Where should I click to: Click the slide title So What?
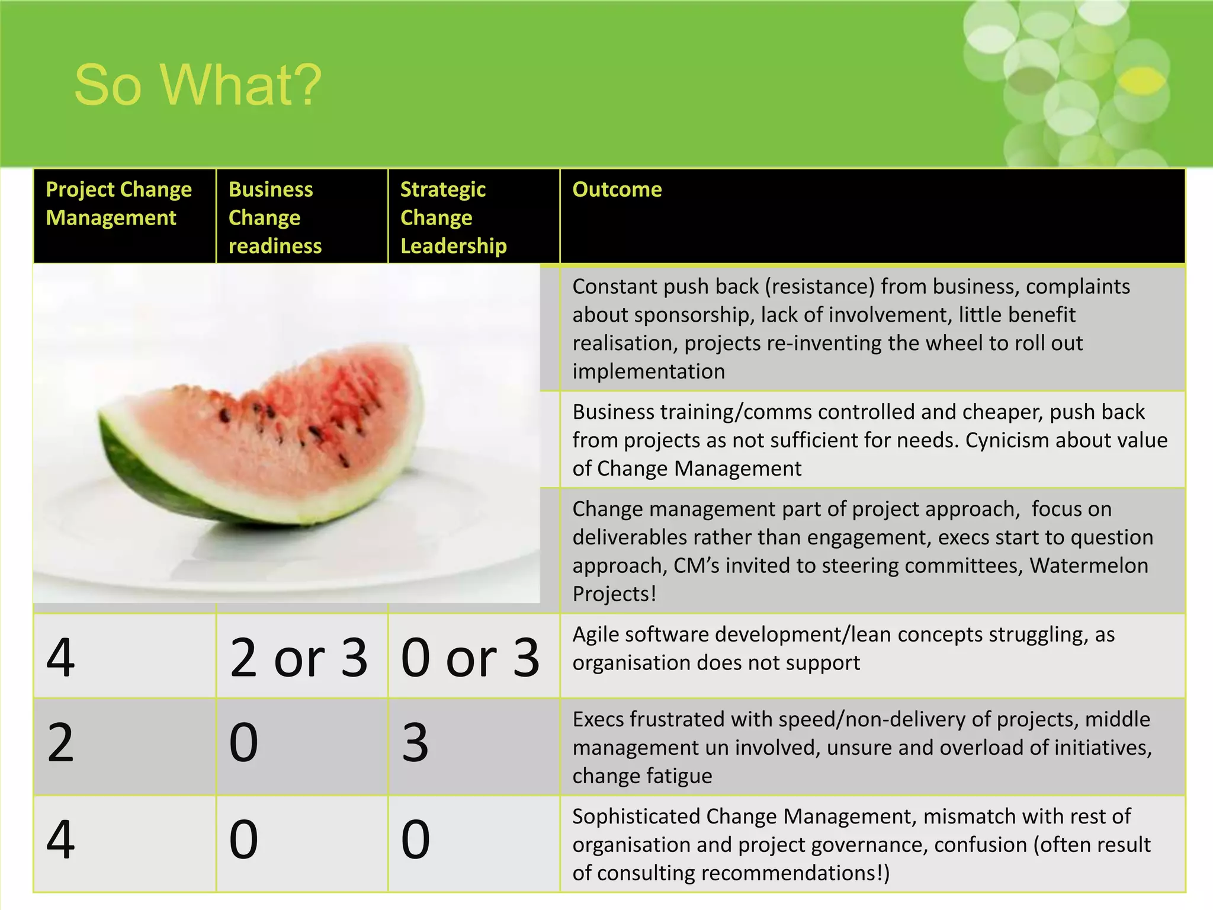coord(197,85)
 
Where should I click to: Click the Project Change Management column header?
coord(118,203)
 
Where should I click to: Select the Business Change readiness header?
coord(275,217)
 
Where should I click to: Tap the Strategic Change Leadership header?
coord(453,217)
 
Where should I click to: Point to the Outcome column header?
coord(617,190)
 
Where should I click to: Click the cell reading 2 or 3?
coord(299,658)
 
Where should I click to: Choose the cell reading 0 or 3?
coord(470,658)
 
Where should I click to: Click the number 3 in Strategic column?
coord(415,743)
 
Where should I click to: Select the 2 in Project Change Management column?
coord(60,743)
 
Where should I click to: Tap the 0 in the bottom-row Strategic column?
coord(415,839)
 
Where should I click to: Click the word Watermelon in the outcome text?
coord(1089,565)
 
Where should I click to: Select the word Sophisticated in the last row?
coord(636,816)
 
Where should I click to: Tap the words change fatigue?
coord(642,776)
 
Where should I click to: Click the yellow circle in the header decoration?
coord(1143,81)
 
